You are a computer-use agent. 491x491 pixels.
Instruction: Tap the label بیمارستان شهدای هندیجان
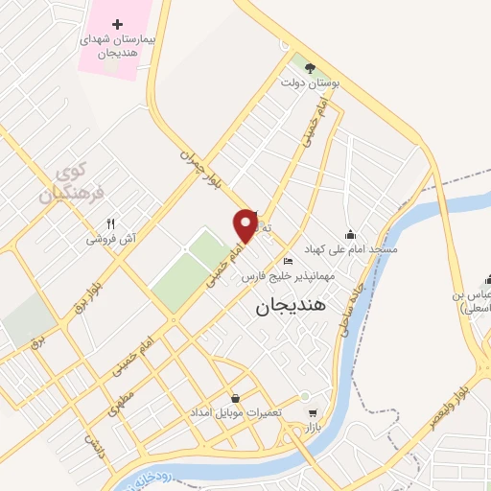(x=117, y=45)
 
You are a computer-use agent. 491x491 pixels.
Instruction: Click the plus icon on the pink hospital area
(x=117, y=24)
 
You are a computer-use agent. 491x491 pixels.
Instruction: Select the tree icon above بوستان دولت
(x=309, y=66)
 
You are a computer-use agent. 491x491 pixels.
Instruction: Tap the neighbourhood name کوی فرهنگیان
(x=64, y=182)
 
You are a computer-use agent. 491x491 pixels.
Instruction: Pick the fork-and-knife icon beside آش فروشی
(x=112, y=222)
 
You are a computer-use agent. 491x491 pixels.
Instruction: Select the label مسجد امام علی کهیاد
(x=351, y=249)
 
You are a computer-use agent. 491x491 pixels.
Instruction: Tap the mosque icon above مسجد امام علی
(x=351, y=234)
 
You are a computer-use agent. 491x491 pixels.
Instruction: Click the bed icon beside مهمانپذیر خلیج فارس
(x=288, y=261)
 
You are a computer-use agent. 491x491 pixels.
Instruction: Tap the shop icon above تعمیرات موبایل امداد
(x=235, y=398)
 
